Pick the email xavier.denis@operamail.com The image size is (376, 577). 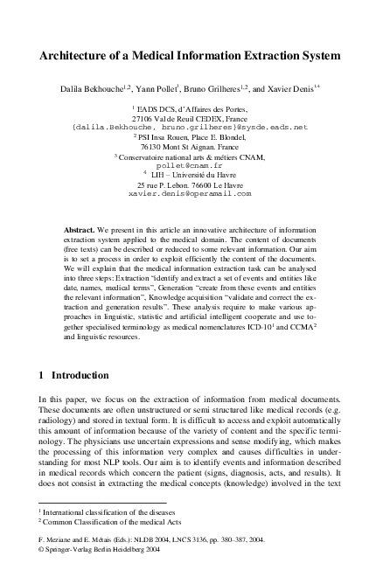[189, 193]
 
